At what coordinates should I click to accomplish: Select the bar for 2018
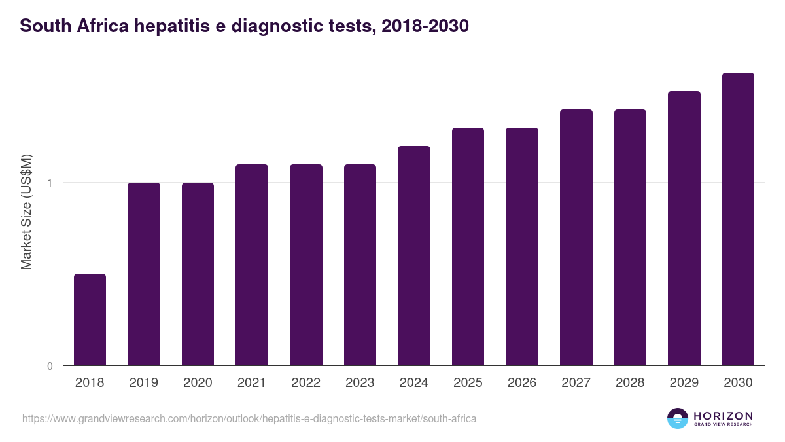coord(90,320)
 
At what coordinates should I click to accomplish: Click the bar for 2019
coord(144,274)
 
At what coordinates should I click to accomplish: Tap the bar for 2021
coord(252,265)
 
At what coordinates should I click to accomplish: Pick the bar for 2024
coord(414,255)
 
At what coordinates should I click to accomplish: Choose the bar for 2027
coord(576,237)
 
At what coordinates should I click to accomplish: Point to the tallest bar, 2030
coord(738,219)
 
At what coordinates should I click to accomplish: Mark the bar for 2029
coord(684,228)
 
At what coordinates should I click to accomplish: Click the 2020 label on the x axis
coord(198,383)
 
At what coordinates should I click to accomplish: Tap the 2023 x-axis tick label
coord(360,383)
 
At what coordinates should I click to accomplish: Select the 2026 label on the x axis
coord(522,383)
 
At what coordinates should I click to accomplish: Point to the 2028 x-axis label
coord(630,383)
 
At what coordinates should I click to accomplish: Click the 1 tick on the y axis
coord(50,183)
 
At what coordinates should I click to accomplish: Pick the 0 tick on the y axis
coord(50,366)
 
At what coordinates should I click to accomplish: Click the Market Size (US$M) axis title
coord(26,211)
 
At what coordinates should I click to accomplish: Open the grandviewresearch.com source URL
coord(249,418)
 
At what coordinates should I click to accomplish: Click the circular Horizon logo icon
coord(678,418)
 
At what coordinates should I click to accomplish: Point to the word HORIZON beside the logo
coord(723,416)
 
